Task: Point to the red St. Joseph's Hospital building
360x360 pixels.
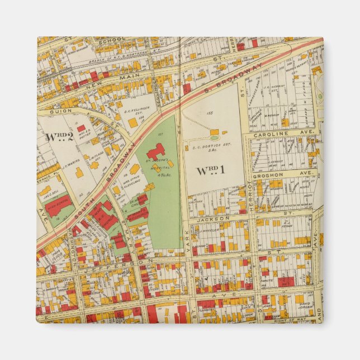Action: tap(156, 151)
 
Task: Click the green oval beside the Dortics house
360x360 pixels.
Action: tap(215, 138)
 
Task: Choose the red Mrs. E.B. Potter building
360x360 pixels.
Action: tap(81, 128)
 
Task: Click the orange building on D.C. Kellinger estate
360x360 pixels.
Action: tap(132, 122)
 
